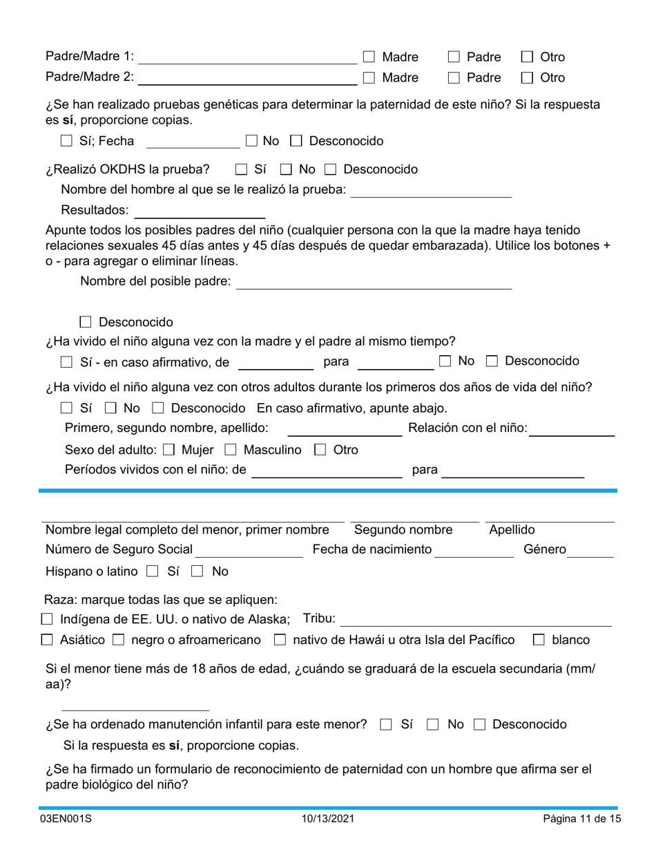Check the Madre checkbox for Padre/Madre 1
click(x=369, y=57)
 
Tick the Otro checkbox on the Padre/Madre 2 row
click(x=526, y=78)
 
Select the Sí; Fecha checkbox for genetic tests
click(x=66, y=142)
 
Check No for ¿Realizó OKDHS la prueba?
click(x=286, y=169)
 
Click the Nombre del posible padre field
click(x=374, y=282)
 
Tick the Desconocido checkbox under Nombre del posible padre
click(x=86, y=322)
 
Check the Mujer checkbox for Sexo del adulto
click(x=168, y=451)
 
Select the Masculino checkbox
click(x=231, y=451)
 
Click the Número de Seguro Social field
click(x=249, y=550)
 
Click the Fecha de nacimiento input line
click(x=474, y=550)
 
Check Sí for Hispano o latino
click(x=153, y=572)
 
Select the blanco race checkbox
click(x=539, y=641)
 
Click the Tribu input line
click(x=476, y=619)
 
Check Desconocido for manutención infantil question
click(x=480, y=725)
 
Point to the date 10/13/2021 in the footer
click(x=328, y=819)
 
